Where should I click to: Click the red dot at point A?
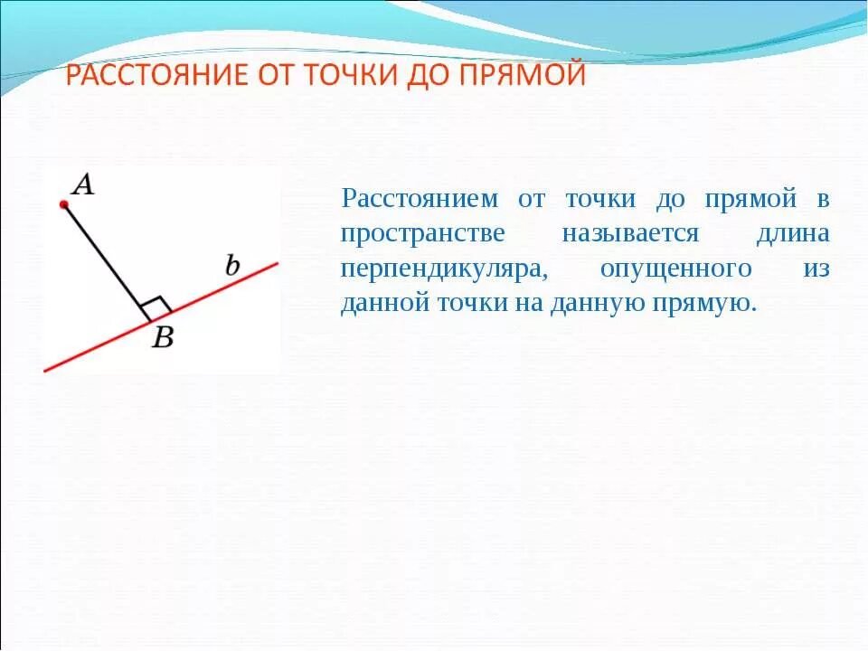(64, 205)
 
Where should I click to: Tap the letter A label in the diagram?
(83, 185)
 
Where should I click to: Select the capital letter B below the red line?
(163, 337)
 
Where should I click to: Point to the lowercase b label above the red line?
(232, 266)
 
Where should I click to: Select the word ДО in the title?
(411, 76)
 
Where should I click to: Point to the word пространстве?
(422, 233)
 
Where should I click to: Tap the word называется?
(630, 233)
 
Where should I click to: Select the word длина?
(793, 233)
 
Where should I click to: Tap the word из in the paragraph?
(816, 269)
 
